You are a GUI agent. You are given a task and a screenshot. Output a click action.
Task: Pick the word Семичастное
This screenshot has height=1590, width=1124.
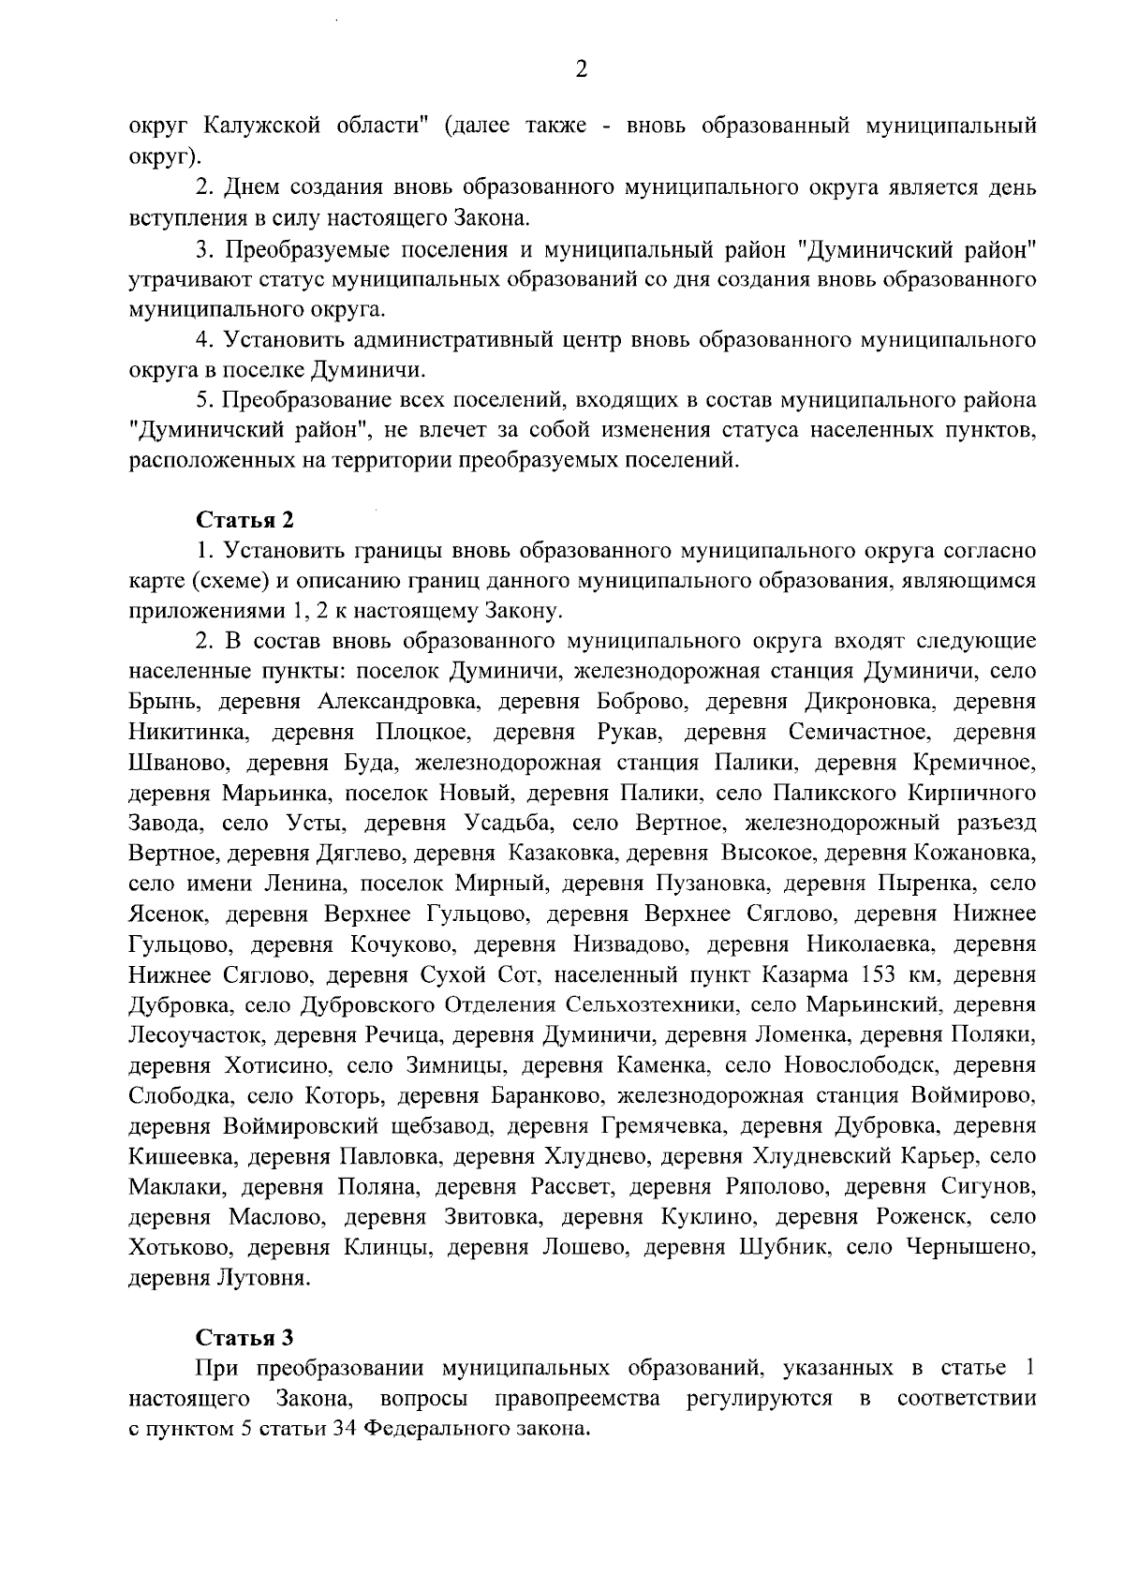coord(868,732)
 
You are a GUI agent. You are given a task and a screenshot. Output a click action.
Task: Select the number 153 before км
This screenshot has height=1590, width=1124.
coord(878,975)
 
